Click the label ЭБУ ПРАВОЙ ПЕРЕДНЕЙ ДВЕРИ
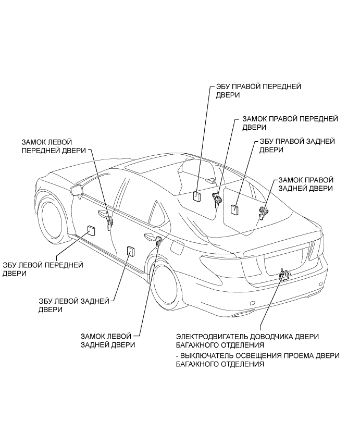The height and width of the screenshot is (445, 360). click(258, 91)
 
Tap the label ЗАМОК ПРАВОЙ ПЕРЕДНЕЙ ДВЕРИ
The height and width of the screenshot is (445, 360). click(290, 123)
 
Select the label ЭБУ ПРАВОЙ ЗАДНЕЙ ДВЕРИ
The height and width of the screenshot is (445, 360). click(297, 145)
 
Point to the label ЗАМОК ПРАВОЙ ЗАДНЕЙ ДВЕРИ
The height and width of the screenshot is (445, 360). click(306, 184)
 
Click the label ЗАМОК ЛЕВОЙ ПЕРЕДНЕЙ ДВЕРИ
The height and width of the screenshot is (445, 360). click(54, 146)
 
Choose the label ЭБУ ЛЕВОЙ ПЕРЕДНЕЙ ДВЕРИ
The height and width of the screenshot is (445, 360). click(43, 269)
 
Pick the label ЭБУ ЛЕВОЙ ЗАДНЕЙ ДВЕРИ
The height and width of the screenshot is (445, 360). click(74, 305)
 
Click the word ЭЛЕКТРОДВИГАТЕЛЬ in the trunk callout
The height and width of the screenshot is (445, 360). click(213, 337)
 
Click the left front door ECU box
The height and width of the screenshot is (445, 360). click(91, 230)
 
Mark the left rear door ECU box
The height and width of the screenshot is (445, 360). click(130, 251)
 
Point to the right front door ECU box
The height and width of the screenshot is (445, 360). click(197, 196)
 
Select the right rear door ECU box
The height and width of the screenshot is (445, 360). click(234, 209)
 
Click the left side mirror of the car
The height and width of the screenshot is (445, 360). click(77, 190)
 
